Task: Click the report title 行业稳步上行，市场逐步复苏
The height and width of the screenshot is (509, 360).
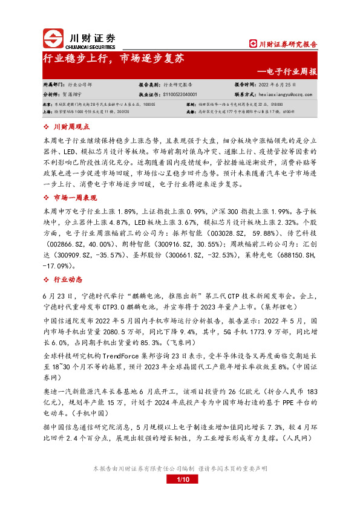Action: [x=113, y=60]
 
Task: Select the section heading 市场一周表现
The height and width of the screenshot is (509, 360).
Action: [x=75, y=198]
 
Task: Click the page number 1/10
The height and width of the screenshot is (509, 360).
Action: [x=180, y=480]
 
